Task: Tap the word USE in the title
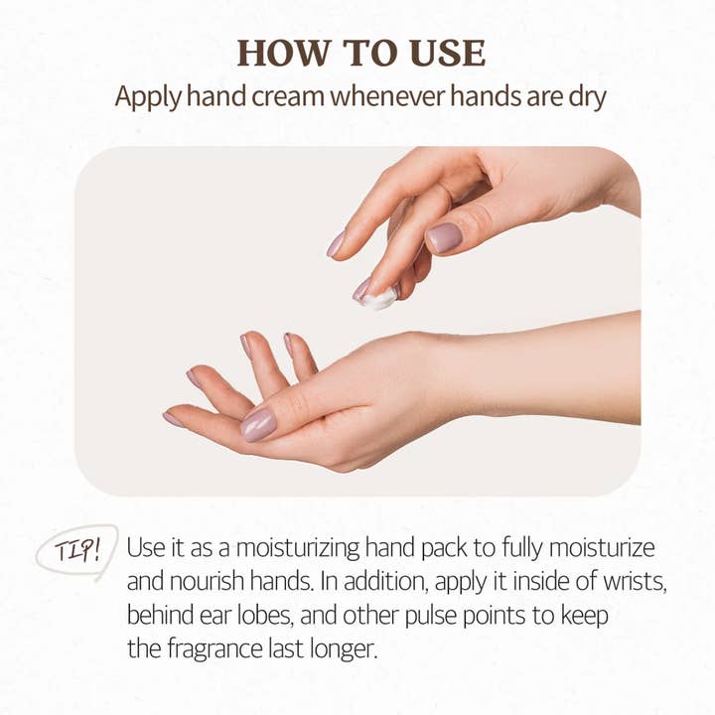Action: (442, 53)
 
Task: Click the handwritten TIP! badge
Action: (76, 549)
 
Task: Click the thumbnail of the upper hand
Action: (444, 236)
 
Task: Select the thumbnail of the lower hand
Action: (258, 424)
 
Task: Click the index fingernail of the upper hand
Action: (338, 243)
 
